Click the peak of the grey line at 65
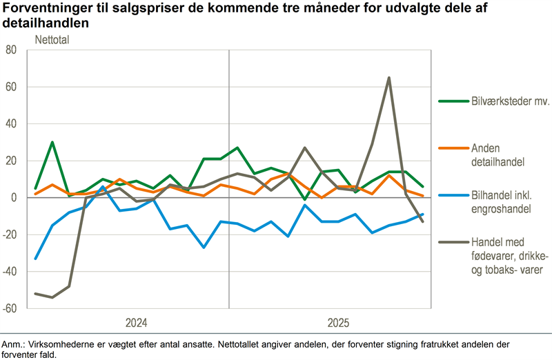pyautogui.click(x=389, y=78)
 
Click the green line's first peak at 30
pyautogui.click(x=52, y=142)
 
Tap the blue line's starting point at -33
pyautogui.click(x=36, y=259)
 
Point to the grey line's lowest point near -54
pyautogui.click(x=52, y=297)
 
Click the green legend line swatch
pyautogui.click(x=452, y=101)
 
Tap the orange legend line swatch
pyautogui.click(x=452, y=148)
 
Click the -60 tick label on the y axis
pyautogui.click(x=9, y=308)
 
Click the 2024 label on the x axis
pyautogui.click(x=137, y=323)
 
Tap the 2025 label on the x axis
pyautogui.click(x=338, y=323)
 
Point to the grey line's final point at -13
pyautogui.click(x=423, y=221)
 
